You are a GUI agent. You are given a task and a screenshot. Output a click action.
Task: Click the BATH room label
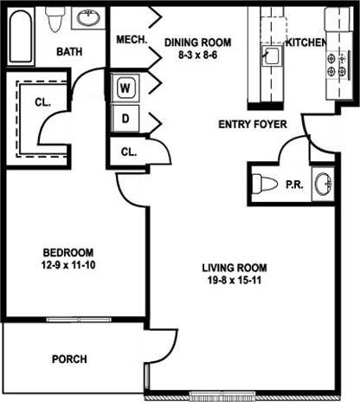click(70, 52)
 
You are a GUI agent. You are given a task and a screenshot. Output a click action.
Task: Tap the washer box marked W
click(126, 88)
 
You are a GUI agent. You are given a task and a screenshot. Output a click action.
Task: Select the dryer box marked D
click(126, 117)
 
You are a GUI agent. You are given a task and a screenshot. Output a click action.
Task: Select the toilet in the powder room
click(264, 184)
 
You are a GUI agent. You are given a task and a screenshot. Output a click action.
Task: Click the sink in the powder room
click(324, 185)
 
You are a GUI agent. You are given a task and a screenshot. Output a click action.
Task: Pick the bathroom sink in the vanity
click(87, 17)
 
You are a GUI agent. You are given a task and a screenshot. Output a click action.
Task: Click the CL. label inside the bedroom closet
click(43, 101)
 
